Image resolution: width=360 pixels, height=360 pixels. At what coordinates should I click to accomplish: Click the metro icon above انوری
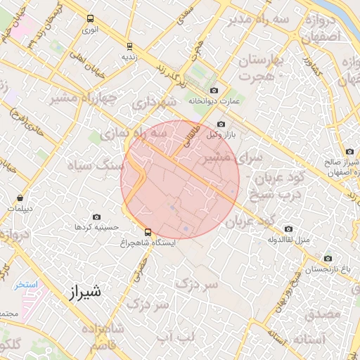(x=89, y=19)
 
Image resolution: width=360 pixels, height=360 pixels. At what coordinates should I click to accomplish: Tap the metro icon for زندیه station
(x=128, y=44)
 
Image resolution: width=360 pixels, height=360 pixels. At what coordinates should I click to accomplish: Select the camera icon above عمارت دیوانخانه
(x=214, y=91)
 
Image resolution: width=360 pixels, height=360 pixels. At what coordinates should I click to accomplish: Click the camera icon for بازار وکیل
(x=221, y=124)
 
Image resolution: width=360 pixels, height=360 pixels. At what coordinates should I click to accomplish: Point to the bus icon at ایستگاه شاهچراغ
(x=148, y=231)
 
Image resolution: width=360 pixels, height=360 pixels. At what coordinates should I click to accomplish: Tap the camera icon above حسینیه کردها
(x=96, y=217)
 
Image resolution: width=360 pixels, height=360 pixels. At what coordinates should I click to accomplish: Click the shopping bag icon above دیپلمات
(x=19, y=198)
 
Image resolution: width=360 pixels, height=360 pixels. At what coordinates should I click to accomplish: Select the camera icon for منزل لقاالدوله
(x=288, y=229)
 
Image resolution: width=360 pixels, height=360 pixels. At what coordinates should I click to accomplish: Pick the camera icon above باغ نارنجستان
(x=310, y=258)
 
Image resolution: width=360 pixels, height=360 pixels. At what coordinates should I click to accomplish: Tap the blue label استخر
(x=28, y=285)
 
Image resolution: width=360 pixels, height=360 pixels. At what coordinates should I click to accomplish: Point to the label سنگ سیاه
(x=94, y=165)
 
